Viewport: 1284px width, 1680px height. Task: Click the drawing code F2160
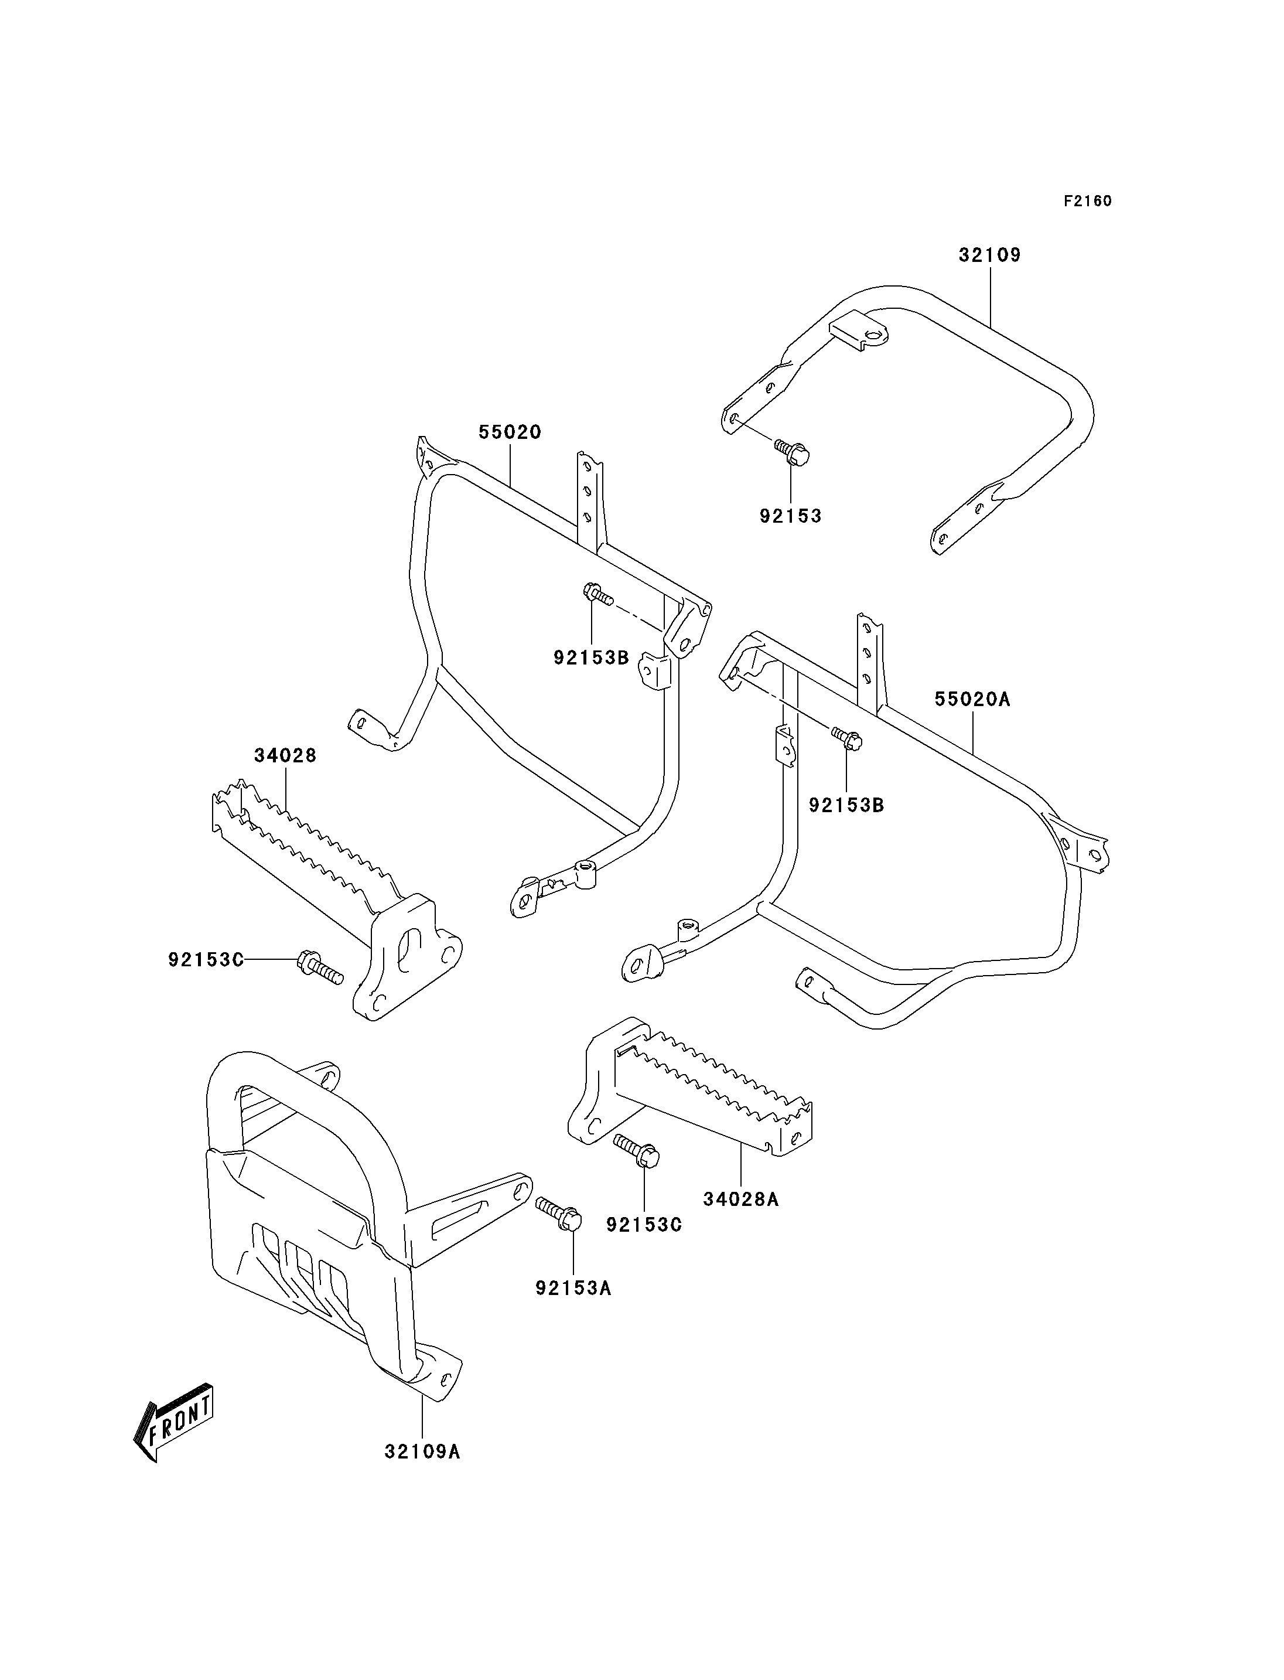pyautogui.click(x=1088, y=201)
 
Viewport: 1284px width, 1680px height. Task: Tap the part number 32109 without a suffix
pyautogui.click(x=990, y=255)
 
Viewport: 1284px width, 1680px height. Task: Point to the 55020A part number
pyautogui.click(x=973, y=699)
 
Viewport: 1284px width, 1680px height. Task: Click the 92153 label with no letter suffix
pyautogui.click(x=790, y=516)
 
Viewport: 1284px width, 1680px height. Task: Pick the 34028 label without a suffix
pyautogui.click(x=285, y=755)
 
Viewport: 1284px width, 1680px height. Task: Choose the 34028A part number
pyautogui.click(x=740, y=1199)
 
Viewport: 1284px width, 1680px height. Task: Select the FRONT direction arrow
pyautogui.click(x=173, y=1422)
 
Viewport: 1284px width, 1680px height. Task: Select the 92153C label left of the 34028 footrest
pyautogui.click(x=206, y=959)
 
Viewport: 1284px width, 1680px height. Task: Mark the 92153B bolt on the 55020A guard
pyautogui.click(x=846, y=738)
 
